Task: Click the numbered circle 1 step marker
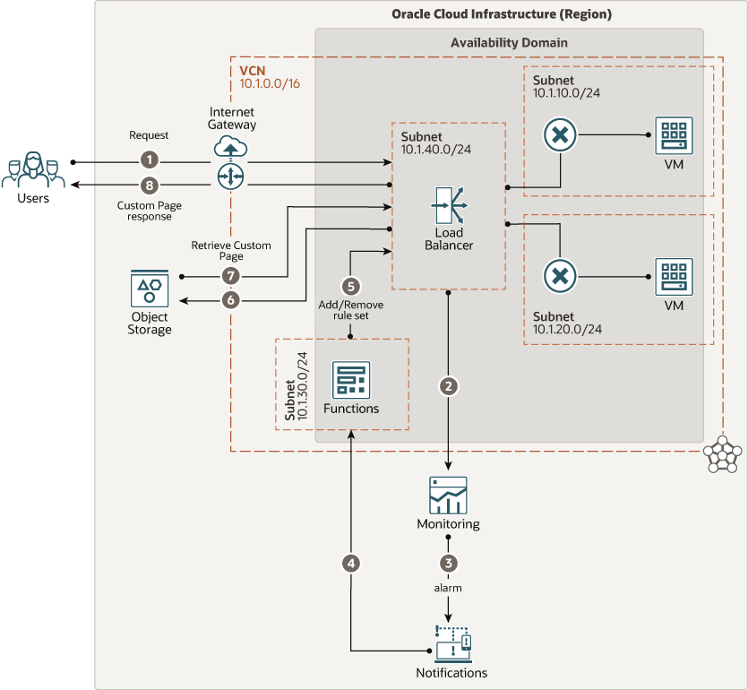click(x=150, y=161)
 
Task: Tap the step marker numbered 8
click(x=150, y=185)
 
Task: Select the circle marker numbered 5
click(x=350, y=286)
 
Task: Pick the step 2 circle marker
click(x=449, y=386)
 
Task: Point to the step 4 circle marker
click(x=351, y=563)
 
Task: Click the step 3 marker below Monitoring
click(x=449, y=563)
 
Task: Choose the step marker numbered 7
click(x=231, y=275)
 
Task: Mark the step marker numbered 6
click(x=231, y=299)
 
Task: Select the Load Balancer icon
click(x=448, y=206)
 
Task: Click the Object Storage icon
click(x=149, y=289)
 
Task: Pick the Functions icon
click(x=350, y=380)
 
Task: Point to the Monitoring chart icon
click(x=448, y=495)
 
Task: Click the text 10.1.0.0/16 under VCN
click(x=271, y=83)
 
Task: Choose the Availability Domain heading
click(x=508, y=42)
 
